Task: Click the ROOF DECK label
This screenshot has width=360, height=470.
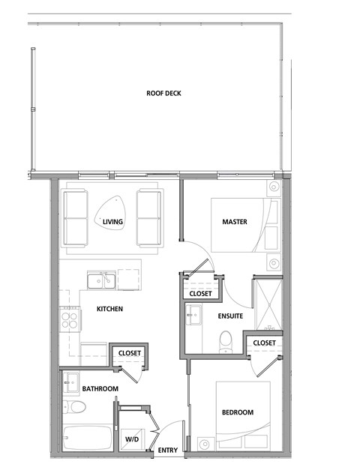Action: tap(164, 94)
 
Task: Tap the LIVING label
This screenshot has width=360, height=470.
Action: tap(113, 222)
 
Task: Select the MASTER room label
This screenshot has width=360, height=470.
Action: tap(235, 222)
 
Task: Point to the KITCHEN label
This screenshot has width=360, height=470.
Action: tap(109, 309)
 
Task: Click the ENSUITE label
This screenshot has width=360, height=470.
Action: tap(230, 317)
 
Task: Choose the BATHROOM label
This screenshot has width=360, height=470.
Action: tap(100, 389)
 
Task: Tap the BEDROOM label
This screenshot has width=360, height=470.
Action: tap(237, 412)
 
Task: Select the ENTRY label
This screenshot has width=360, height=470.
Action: tap(167, 451)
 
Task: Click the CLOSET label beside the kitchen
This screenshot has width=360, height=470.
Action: tap(130, 352)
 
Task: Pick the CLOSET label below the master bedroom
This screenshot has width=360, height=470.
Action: tap(200, 293)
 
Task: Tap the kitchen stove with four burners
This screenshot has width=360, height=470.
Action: tap(70, 321)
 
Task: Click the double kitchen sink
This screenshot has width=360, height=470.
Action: tap(100, 281)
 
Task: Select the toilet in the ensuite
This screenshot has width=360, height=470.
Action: tap(224, 343)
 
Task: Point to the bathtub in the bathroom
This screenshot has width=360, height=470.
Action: tap(85, 437)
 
